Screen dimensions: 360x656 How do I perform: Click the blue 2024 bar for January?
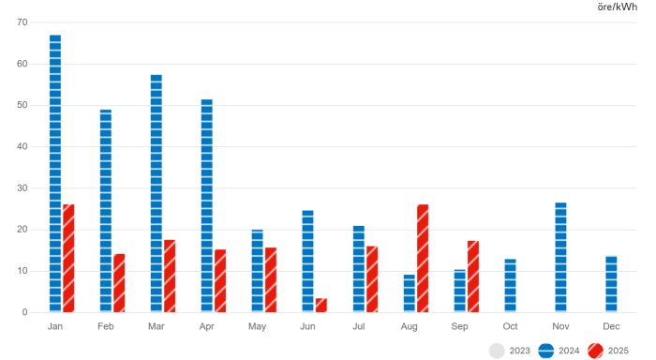click(55, 173)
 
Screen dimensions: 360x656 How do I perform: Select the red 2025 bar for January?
click(68, 258)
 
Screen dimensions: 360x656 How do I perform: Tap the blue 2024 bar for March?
click(157, 193)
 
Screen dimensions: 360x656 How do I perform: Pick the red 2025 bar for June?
click(321, 305)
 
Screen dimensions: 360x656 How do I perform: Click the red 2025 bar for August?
click(423, 258)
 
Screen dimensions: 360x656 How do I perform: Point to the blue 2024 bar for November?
click(560, 257)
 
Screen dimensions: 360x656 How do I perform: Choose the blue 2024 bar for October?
click(510, 285)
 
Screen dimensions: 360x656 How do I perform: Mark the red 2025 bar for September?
click(473, 277)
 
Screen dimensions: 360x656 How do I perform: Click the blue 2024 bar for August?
click(410, 292)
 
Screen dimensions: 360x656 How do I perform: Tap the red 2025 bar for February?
click(119, 283)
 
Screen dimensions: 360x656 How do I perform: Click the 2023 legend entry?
click(510, 351)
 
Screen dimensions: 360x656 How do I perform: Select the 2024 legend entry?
click(560, 351)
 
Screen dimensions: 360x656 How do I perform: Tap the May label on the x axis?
click(258, 326)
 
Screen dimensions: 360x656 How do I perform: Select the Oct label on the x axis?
click(511, 326)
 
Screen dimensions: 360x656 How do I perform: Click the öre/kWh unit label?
click(617, 7)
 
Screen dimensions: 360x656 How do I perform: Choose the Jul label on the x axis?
click(359, 326)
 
